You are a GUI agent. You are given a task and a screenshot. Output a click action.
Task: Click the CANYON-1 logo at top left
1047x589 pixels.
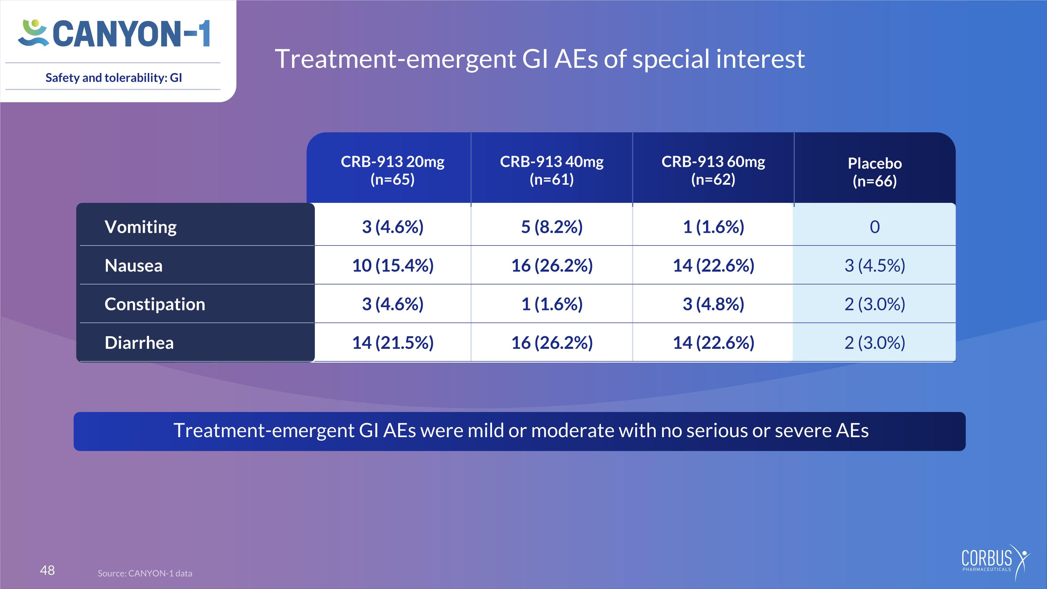point(114,33)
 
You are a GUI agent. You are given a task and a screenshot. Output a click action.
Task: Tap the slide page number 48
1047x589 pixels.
point(47,570)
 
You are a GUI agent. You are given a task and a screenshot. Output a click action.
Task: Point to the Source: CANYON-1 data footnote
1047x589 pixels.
point(145,573)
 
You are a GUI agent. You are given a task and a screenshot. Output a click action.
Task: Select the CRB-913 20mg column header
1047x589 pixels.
point(393,170)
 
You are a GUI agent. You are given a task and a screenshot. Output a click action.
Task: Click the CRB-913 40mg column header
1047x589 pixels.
point(551,170)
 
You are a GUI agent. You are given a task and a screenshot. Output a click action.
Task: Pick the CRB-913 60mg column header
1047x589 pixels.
point(713,170)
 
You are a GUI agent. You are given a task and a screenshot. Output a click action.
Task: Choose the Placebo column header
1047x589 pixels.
point(875,172)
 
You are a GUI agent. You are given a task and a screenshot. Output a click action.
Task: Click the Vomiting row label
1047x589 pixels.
point(141,227)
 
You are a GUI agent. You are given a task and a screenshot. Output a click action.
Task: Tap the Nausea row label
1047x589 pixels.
point(133,265)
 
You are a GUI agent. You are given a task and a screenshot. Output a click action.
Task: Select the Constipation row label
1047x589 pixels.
point(155,304)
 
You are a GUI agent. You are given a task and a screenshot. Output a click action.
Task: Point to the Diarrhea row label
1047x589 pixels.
point(139,343)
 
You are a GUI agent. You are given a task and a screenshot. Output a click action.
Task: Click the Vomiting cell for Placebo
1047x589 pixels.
point(875,227)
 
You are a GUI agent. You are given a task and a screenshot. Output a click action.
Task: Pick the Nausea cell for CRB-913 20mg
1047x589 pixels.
point(393,265)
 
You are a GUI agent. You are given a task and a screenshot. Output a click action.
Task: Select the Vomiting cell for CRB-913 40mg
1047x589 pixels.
point(551,227)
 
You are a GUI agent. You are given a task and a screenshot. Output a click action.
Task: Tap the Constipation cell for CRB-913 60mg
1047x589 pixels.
point(713,304)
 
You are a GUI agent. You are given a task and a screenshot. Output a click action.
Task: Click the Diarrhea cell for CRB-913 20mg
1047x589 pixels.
point(393,343)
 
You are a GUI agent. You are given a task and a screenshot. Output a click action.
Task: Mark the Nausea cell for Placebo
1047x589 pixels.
point(875,265)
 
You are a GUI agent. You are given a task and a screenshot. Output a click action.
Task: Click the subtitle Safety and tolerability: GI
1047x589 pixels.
point(114,78)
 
